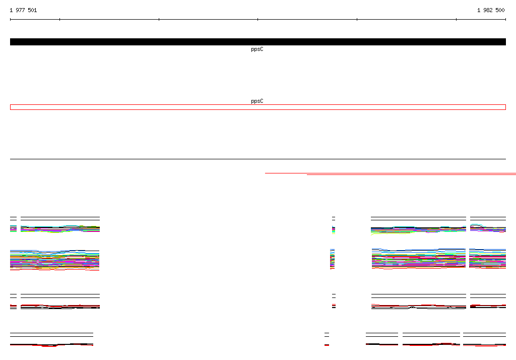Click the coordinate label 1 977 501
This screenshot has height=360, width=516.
tap(23, 10)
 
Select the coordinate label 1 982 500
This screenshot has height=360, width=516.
tap(491, 10)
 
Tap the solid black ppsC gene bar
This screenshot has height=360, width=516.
tap(258, 42)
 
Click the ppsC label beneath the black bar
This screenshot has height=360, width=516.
tap(257, 49)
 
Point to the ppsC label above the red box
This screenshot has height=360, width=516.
tap(257, 101)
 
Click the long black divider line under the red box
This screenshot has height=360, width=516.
tap(258, 159)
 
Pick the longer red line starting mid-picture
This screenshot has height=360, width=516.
tap(391, 173)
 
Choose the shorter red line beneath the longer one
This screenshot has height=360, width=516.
tap(411, 174)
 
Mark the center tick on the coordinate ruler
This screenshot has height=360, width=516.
tap(257, 20)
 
